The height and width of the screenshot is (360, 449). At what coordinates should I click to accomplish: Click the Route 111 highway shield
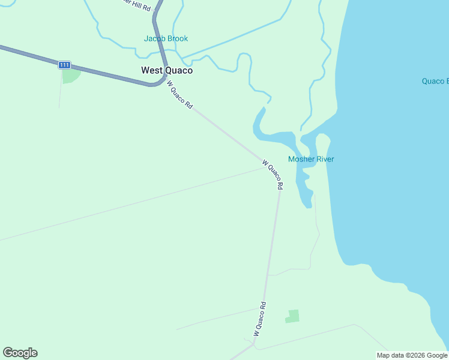(65, 65)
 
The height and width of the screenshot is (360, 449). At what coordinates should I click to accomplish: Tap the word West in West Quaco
(151, 70)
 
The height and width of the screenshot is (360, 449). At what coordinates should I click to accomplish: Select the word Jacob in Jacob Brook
(155, 38)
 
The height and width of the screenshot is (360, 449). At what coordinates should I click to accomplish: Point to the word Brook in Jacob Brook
(178, 38)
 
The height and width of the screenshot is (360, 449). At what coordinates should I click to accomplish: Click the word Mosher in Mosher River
(301, 159)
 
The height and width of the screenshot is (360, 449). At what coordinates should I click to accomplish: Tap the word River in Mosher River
(325, 159)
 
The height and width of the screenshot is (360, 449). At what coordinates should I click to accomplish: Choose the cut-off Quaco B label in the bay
(435, 81)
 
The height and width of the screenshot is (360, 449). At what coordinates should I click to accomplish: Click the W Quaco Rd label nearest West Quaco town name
(179, 94)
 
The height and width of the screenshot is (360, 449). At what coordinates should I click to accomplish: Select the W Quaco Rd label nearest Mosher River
(272, 174)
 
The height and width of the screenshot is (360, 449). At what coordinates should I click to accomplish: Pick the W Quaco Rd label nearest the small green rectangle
(259, 319)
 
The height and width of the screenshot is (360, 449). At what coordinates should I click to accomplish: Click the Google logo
(20, 353)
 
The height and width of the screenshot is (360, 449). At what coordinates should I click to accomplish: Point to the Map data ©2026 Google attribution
(412, 355)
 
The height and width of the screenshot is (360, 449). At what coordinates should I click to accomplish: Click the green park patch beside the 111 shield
(70, 76)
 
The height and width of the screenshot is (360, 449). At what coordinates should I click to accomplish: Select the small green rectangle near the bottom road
(292, 316)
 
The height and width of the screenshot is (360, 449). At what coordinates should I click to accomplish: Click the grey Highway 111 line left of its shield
(30, 55)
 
